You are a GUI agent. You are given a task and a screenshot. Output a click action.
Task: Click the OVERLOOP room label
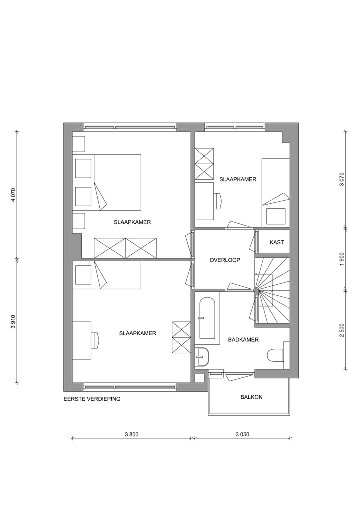(x=225, y=260)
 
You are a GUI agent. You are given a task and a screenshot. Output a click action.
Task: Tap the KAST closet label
(x=277, y=242)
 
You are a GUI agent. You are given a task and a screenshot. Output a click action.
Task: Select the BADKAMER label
(x=243, y=340)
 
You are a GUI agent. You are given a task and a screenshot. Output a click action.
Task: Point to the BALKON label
(x=251, y=397)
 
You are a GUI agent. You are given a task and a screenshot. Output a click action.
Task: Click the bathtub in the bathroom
(x=207, y=318)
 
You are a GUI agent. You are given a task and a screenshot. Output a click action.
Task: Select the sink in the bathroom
(x=202, y=357)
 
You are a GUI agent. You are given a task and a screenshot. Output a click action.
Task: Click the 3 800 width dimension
(x=131, y=434)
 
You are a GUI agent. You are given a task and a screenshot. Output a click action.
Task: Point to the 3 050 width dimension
(x=242, y=434)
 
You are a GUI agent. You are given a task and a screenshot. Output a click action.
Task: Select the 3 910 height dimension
(x=13, y=322)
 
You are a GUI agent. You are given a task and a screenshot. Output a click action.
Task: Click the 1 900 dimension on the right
(x=342, y=258)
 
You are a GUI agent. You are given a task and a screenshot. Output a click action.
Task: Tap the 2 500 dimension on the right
(x=342, y=330)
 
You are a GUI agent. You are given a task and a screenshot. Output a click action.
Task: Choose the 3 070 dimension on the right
(x=342, y=179)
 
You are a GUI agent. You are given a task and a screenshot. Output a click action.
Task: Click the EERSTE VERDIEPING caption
(x=92, y=399)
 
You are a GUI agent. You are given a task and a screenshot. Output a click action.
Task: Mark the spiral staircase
(x=272, y=290)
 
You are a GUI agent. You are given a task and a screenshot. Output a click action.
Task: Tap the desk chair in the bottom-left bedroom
(x=95, y=340)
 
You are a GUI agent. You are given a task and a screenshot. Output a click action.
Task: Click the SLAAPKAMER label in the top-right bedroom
(x=238, y=179)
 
